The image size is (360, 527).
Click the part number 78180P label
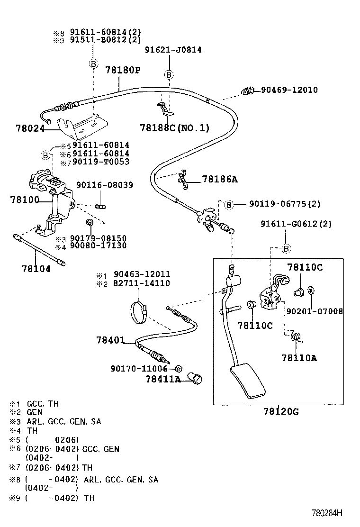click(x=123, y=70)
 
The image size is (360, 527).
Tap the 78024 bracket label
click(x=29, y=128)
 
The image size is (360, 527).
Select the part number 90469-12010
click(x=289, y=90)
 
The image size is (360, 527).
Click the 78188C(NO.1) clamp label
click(x=174, y=128)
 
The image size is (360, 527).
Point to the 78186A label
click(x=219, y=179)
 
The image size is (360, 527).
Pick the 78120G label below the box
click(x=281, y=411)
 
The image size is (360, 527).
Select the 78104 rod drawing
click(x=40, y=249)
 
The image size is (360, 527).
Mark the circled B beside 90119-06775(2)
click(x=228, y=204)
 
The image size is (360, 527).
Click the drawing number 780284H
click(x=326, y=513)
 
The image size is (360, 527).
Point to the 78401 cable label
click(x=110, y=340)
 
